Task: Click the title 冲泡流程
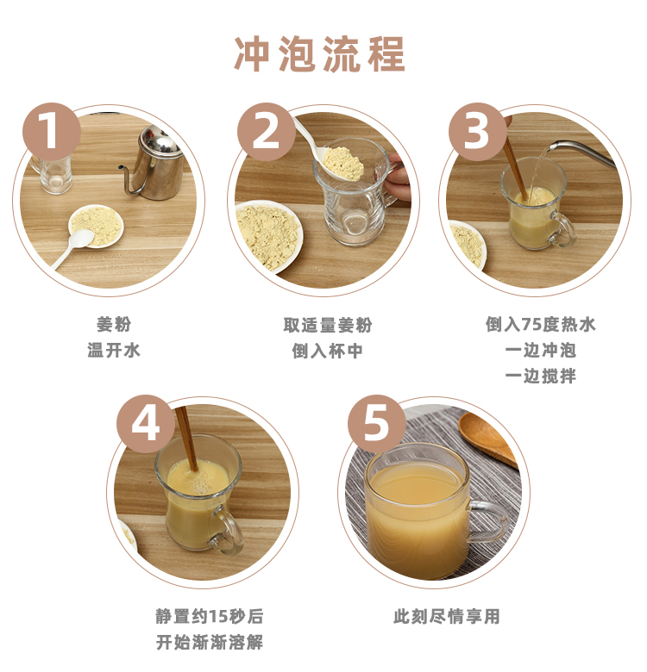coord(320,54)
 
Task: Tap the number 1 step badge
coord(52,132)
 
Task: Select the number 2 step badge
coord(267,132)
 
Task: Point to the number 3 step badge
coord(478,132)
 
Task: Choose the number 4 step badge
coord(146,424)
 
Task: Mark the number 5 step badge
coord(377,424)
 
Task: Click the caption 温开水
coord(114,350)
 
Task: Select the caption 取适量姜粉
coord(327,325)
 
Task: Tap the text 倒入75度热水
coord(541,325)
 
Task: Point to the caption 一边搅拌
coord(540,376)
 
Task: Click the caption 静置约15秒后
coord(210,617)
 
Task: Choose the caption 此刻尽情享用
coord(447,617)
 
